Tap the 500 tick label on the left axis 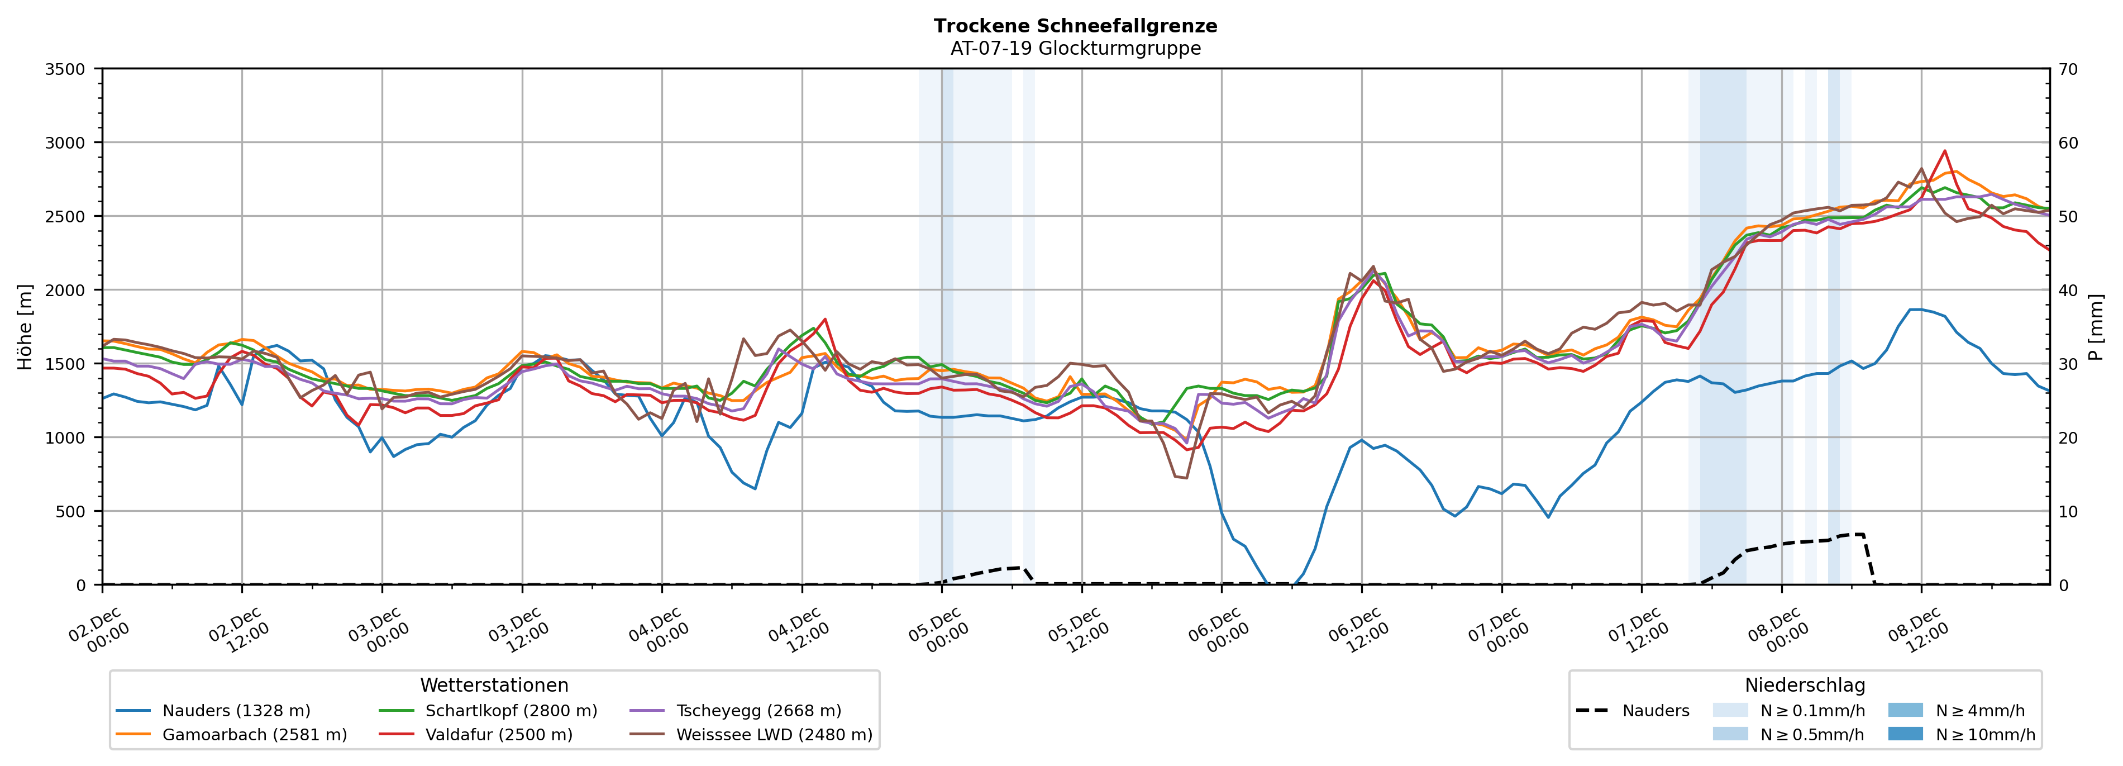[70, 511]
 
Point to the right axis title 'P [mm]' [2096, 326]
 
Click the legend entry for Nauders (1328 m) [236, 711]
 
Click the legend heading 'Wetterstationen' [494, 685]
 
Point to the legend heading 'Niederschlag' [1804, 685]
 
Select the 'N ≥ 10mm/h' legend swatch [1905, 734]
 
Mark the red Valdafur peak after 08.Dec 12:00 [1944, 151]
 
